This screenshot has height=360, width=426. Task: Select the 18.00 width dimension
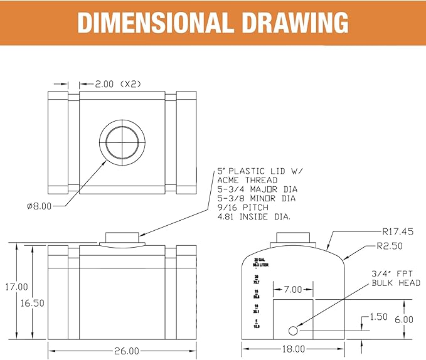point(294,349)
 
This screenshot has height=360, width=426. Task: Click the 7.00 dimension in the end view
point(292,290)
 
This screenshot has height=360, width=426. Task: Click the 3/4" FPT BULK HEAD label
point(395,278)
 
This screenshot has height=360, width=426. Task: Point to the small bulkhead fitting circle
point(293,331)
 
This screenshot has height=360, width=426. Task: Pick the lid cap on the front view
point(122,237)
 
